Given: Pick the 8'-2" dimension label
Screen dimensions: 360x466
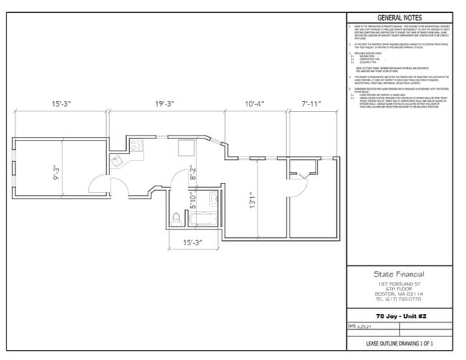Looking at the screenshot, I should click(x=192, y=174).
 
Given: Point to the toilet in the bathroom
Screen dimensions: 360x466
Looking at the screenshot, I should click(x=177, y=217).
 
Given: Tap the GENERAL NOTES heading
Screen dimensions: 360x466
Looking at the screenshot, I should click(x=399, y=18).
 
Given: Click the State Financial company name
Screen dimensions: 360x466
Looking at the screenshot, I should click(x=399, y=274).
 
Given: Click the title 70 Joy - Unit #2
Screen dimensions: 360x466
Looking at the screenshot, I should click(x=399, y=316).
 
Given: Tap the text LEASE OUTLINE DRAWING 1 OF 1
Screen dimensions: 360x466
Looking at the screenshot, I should click(x=399, y=345).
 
